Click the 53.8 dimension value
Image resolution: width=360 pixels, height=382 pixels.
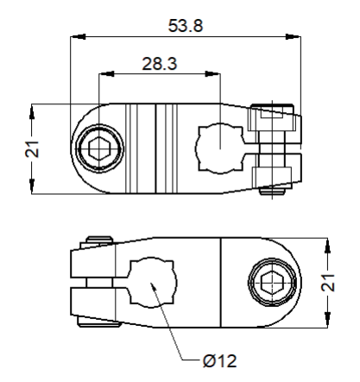coord(186,25)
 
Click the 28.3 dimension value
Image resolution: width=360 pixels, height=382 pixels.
coord(160,64)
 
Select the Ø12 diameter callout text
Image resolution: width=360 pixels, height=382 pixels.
coord(220,360)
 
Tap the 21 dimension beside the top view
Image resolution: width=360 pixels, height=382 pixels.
coord(32,149)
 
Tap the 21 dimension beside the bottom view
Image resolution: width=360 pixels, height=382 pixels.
coord(328,283)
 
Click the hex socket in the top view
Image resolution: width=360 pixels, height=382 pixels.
coord(99,148)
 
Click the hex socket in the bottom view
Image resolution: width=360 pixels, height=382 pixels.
coord(272,282)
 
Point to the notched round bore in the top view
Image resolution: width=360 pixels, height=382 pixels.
coord(219,148)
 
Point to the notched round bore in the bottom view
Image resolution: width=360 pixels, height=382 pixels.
coord(153,282)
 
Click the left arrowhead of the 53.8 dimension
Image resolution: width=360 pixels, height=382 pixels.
coord(78,36)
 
